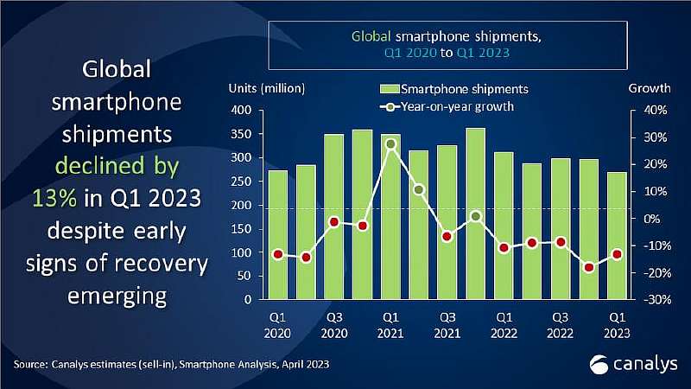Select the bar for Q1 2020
point(278,234)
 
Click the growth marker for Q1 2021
point(390,144)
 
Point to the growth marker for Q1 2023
point(617,254)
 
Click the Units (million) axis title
point(267,88)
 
